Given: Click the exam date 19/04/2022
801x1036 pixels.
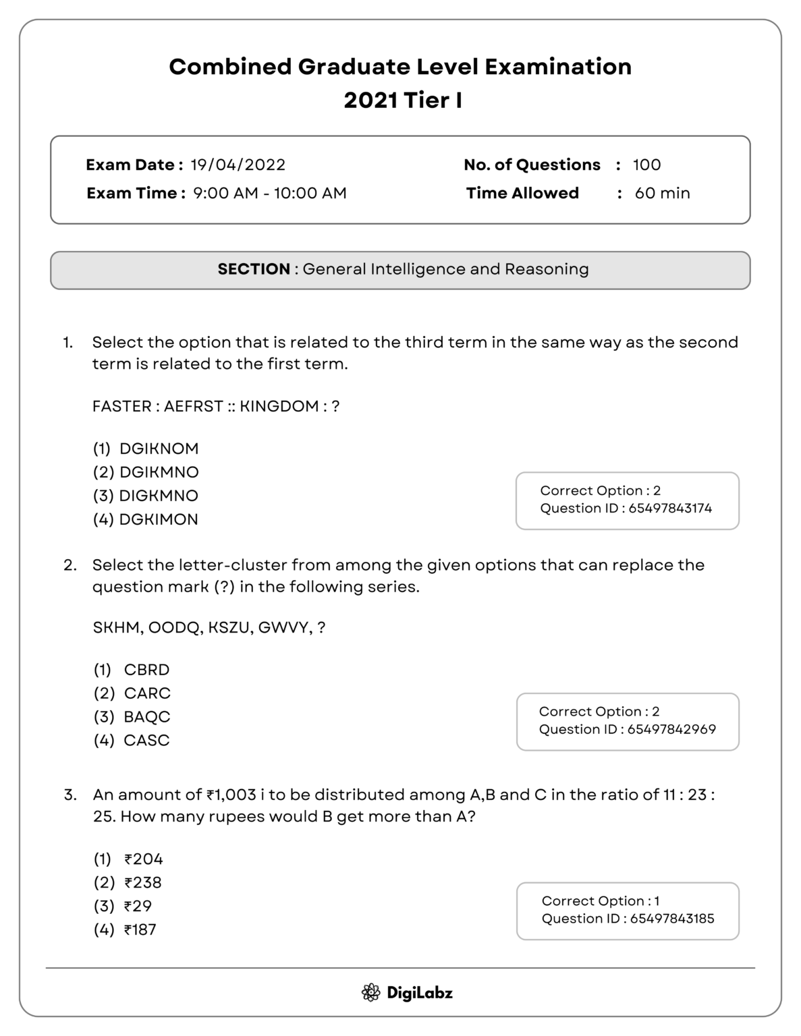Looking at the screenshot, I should (238, 165).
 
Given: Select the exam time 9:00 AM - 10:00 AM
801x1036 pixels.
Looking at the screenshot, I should (270, 194).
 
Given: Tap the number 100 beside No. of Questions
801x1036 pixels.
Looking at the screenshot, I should (646, 165).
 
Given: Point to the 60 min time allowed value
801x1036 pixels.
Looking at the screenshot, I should (662, 194).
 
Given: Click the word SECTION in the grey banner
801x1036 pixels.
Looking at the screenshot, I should (254, 270).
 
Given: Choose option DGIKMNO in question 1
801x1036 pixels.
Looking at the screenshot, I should (159, 472).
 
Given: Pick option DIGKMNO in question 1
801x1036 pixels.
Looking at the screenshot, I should (159, 496).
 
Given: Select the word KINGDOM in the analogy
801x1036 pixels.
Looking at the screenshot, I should (279, 407).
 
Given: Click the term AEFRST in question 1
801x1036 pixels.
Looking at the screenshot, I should (194, 407).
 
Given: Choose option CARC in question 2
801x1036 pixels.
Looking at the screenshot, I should (147, 693).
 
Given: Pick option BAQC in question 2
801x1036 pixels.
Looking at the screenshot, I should (147, 717).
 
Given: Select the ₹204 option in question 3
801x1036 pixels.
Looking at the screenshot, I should (144, 859).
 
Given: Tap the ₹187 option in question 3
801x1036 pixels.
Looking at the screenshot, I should (140, 930).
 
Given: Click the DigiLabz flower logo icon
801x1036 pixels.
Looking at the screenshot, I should (370, 993).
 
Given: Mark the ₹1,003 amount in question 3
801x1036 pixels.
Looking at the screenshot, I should (231, 795).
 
